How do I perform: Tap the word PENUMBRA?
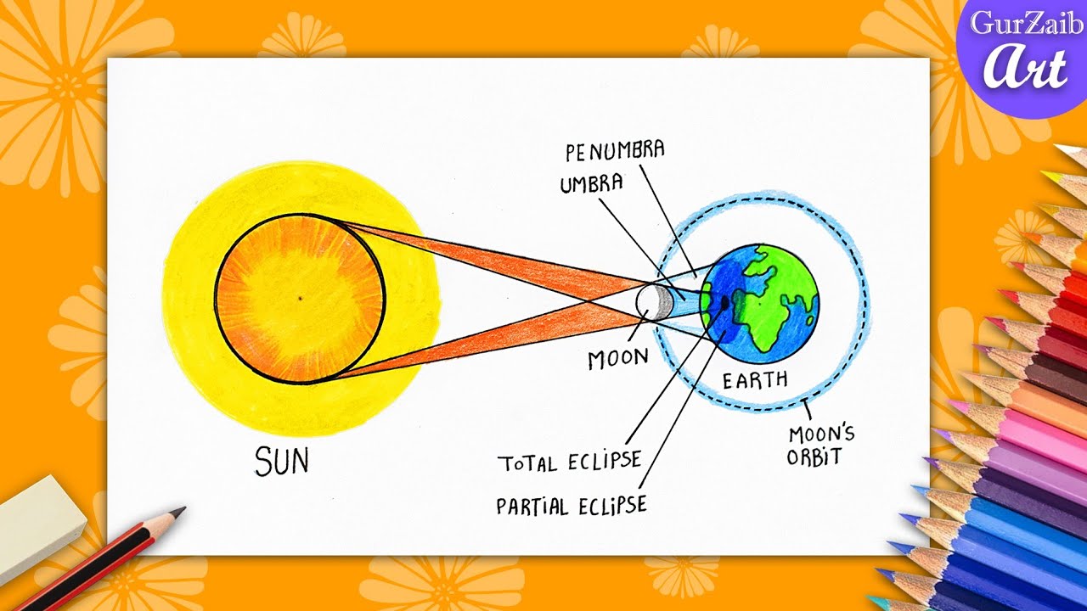pos(615,152)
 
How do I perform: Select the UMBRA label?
pos(591,183)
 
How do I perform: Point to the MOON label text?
pos(618,359)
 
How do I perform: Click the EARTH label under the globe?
pos(755,379)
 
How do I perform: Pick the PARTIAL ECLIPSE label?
pos(572,505)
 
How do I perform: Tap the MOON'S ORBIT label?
pos(821,446)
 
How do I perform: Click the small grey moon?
pos(653,300)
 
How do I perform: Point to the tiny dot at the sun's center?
pos(300,298)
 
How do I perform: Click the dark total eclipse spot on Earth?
pos(724,300)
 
